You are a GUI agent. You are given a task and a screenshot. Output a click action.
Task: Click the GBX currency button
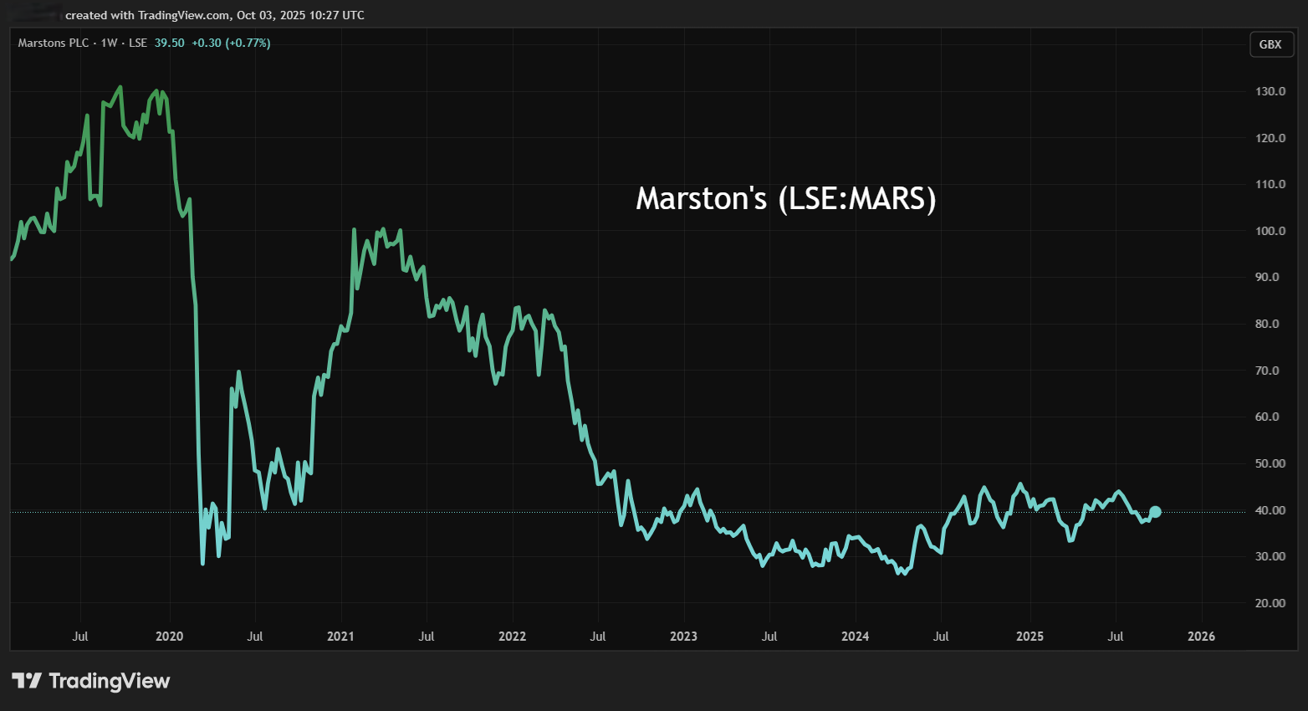click(1270, 44)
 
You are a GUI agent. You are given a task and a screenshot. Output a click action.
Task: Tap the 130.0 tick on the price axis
click(1270, 91)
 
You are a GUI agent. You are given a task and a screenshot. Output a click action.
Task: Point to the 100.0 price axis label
click(1270, 231)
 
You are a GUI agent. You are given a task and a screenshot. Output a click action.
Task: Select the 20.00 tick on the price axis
click(1270, 603)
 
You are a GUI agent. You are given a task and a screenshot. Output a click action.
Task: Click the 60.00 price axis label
click(1270, 417)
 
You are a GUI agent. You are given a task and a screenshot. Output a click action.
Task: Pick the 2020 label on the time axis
click(170, 637)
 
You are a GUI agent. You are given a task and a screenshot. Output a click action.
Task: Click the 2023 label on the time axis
click(683, 637)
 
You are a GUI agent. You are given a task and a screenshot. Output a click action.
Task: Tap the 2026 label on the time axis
click(1201, 637)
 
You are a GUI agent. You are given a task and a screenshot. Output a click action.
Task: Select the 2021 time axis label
click(340, 637)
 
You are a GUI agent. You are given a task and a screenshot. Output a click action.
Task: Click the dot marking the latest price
click(1155, 512)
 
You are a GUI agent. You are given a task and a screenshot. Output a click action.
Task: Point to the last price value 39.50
click(169, 43)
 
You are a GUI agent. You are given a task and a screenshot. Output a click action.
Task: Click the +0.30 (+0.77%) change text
click(231, 43)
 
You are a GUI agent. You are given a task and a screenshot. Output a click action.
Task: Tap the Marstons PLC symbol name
click(54, 43)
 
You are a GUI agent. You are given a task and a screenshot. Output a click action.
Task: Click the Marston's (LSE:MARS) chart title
click(785, 199)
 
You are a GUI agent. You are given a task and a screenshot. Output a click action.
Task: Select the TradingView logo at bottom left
click(91, 681)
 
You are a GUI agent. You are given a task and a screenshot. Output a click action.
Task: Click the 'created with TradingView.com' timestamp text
click(215, 15)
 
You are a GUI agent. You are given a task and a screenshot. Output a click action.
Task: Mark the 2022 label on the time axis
click(512, 637)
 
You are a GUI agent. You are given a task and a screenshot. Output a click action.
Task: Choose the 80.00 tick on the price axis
click(1270, 324)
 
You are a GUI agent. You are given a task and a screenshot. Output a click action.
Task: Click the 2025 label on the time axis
click(1030, 637)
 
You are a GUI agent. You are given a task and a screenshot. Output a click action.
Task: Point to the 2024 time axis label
click(855, 637)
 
